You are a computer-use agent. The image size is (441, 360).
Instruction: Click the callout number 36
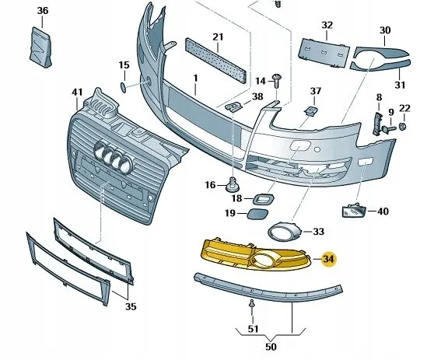42,10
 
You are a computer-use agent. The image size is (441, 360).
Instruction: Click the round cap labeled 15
124,86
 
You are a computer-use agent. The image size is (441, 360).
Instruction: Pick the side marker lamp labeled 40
352,211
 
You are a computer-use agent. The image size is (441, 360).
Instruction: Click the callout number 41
76,93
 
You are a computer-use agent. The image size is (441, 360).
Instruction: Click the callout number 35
131,306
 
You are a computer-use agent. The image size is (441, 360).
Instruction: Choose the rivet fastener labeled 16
231,186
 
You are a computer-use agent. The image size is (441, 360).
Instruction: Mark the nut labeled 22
404,125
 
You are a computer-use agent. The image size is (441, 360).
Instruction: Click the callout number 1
196,78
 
